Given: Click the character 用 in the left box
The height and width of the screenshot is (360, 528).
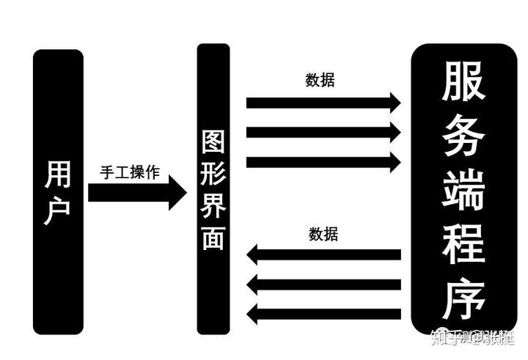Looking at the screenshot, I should tap(59, 173).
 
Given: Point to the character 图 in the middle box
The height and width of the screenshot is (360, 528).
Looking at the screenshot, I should tap(213, 142).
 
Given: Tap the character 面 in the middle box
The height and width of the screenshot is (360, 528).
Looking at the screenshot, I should tap(213, 239).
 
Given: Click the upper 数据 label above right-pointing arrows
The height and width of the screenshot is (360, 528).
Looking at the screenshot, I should tap(320, 80).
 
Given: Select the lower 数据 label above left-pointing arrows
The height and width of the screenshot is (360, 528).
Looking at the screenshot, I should tap(323, 235).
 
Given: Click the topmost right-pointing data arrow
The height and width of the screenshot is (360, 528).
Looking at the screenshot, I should tap(323, 102).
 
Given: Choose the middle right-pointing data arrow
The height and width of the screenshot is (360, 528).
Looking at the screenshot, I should tap(323, 133).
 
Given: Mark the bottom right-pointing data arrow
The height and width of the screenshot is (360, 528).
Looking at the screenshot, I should tap(323, 162).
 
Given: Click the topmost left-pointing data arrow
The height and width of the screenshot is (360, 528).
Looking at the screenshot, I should tap(323, 255).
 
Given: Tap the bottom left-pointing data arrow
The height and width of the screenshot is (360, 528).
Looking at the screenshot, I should tap(323, 315).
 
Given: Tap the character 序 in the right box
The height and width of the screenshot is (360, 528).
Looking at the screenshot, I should tap(463, 298).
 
